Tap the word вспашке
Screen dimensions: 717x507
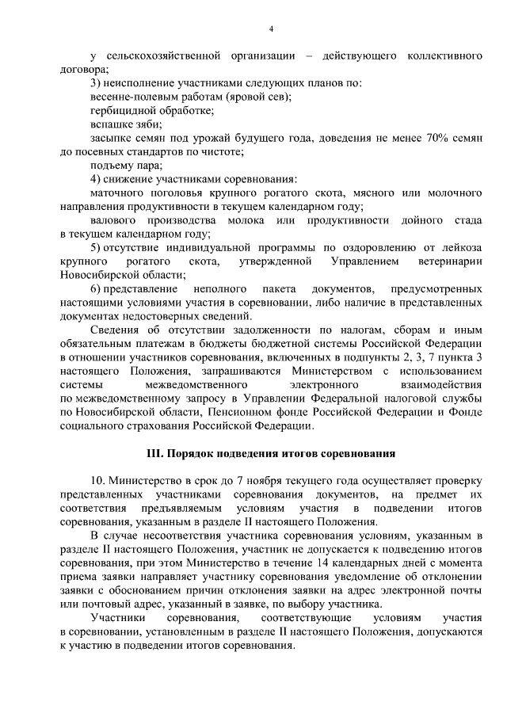(x=110, y=124)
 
